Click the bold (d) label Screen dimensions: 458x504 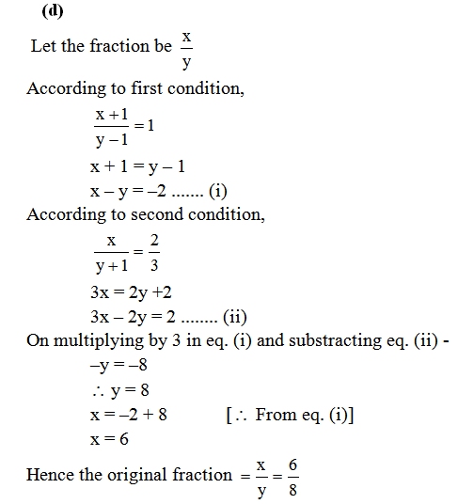(54, 12)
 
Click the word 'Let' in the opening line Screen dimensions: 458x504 (43, 46)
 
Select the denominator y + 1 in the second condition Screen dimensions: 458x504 (111, 264)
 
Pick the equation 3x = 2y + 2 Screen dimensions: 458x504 (135, 291)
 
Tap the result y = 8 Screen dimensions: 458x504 (117, 388)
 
